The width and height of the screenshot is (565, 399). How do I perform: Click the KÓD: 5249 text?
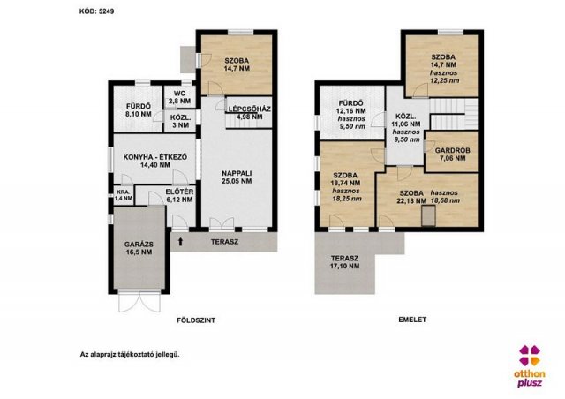click(96, 11)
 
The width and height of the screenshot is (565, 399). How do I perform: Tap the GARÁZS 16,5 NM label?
click(139, 248)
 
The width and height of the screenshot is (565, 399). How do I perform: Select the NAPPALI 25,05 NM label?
click(237, 177)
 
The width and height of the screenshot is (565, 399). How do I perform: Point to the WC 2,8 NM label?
click(179, 97)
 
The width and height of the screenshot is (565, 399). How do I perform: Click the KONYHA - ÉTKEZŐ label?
click(155, 157)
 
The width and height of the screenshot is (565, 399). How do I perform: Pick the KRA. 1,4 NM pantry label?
click(124, 195)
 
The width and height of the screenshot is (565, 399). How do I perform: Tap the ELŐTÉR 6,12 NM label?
click(179, 196)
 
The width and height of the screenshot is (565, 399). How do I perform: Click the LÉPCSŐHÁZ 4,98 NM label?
click(249, 113)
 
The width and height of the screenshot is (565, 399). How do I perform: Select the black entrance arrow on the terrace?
click(180, 242)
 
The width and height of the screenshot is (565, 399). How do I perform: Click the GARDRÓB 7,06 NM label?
click(452, 154)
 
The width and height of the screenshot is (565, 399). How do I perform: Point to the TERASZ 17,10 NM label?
click(345, 262)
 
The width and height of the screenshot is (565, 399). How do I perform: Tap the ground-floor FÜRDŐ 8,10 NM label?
click(139, 110)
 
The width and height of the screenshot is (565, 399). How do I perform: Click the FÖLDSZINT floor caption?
click(196, 320)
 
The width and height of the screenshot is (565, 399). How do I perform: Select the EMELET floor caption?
click(412, 320)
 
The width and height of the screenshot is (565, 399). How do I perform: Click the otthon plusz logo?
click(530, 366)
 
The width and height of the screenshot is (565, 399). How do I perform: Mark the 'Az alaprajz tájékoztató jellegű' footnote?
click(130, 354)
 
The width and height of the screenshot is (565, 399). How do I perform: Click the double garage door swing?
click(139, 301)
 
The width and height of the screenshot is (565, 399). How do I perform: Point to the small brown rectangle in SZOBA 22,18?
click(428, 215)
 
